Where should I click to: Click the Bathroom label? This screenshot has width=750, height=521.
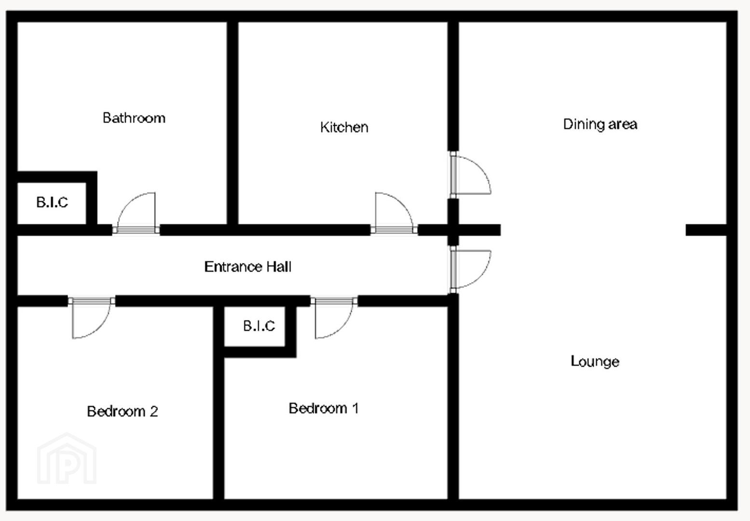[x=134, y=118]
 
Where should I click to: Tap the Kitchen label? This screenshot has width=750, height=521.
[x=344, y=127]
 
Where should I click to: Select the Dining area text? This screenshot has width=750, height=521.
[x=600, y=124]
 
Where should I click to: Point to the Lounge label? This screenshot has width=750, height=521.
[x=595, y=362]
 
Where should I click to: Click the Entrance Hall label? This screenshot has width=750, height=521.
[x=248, y=267]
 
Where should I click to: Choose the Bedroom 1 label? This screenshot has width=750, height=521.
[x=324, y=408]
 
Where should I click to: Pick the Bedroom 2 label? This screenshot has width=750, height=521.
[x=122, y=411]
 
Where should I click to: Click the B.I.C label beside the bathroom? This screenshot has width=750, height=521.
[x=52, y=202]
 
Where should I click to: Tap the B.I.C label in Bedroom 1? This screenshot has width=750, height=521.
[x=259, y=326]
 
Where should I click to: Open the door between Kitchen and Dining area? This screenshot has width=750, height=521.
[x=470, y=175]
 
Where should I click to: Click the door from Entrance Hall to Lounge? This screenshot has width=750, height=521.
[x=470, y=270]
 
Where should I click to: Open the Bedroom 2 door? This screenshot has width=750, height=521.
[x=92, y=317]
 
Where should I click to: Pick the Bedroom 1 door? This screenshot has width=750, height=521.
[x=334, y=317]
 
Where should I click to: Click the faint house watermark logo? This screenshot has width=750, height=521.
[x=67, y=458]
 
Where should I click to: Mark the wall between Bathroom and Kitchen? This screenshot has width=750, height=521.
[x=232, y=123]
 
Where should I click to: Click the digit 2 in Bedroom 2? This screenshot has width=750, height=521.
[x=154, y=411]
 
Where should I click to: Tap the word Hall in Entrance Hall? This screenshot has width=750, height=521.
[x=279, y=267]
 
